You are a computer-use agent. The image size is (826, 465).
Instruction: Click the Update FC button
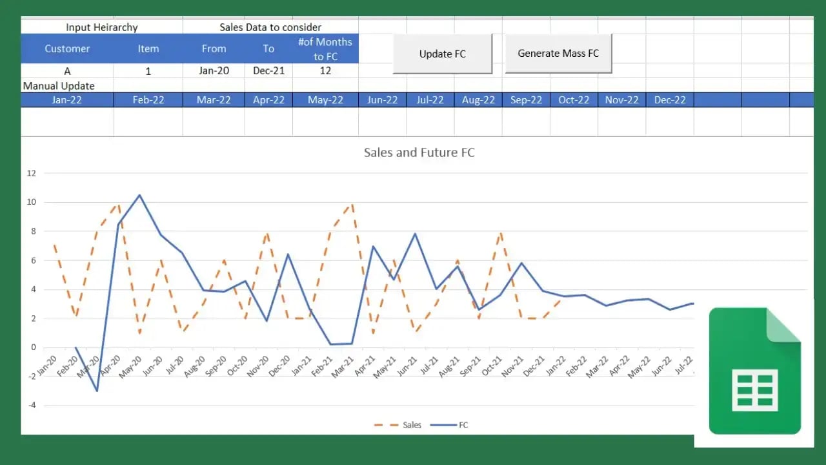pyautogui.click(x=442, y=54)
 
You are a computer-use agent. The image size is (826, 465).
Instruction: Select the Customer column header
pyautogui.click(x=67, y=48)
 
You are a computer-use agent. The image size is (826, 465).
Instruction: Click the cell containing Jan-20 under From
pyautogui.click(x=214, y=71)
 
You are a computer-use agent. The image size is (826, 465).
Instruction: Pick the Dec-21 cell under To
pyautogui.click(x=268, y=71)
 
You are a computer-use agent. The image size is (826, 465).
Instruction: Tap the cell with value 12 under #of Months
pyautogui.click(x=325, y=71)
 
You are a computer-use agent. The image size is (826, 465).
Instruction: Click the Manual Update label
pyautogui.click(x=59, y=86)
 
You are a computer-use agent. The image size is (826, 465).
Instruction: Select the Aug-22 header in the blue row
pyautogui.click(x=478, y=100)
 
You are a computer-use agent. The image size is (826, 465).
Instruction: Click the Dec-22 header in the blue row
pyautogui.click(x=670, y=100)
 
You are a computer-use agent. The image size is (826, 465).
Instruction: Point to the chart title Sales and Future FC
pyautogui.click(x=419, y=152)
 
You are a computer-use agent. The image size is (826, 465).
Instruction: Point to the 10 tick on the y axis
pyautogui.click(x=31, y=202)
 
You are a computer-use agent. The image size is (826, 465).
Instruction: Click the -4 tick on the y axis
pyautogui.click(x=31, y=406)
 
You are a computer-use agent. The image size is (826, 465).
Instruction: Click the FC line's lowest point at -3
pyautogui.click(x=97, y=391)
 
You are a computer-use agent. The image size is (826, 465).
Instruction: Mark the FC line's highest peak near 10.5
pyautogui.click(x=139, y=195)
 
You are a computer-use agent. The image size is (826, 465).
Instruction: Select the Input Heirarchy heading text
pyautogui.click(x=101, y=27)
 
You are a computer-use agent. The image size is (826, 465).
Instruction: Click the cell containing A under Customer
pyautogui.click(x=67, y=71)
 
